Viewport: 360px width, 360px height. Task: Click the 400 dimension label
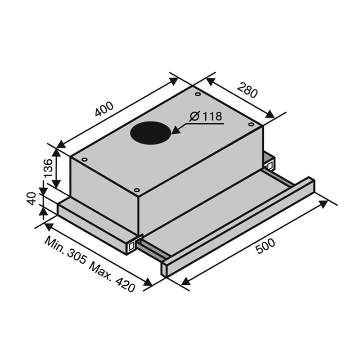[104, 109]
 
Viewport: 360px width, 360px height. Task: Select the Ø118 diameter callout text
[206, 117]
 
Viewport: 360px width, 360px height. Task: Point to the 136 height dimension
[49, 168]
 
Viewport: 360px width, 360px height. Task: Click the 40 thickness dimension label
[31, 199]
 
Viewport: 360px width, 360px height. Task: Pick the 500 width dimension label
[265, 246]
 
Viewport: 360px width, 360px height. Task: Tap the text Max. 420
[112, 278]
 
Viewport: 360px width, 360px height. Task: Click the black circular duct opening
[151, 133]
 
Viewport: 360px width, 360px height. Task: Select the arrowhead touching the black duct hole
[176, 130]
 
